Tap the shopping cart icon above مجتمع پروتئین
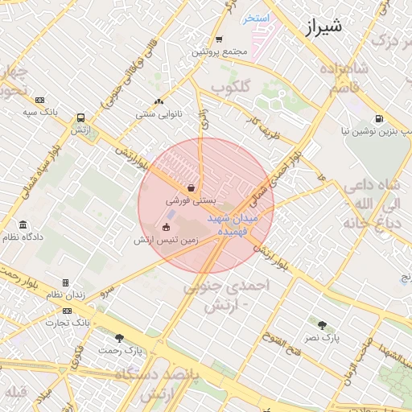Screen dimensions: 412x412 [219, 39]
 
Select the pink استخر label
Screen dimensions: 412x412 [258, 18]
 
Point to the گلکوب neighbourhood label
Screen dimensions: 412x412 [232, 84]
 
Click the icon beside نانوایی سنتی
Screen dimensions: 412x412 [158, 102]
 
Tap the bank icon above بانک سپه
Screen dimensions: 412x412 [40, 99]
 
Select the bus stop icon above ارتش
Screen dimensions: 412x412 [79, 117]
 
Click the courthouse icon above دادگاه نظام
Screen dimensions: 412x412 [23, 225]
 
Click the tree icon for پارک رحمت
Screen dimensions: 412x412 [120, 338]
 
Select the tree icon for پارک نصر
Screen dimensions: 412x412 [323, 325]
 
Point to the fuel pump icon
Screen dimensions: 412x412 [378, 117]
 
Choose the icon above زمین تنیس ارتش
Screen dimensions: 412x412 [167, 227]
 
